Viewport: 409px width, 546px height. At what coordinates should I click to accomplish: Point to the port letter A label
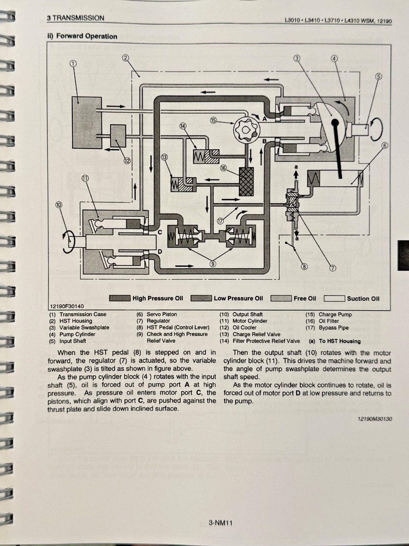pos(264,118)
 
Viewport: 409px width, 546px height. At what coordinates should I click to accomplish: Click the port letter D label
pos(160,251)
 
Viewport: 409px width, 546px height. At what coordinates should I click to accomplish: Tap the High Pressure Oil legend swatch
pos(120,298)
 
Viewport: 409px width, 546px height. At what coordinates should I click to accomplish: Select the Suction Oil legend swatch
pos(334,298)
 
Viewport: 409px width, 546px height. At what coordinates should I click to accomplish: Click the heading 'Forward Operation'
pos(87,36)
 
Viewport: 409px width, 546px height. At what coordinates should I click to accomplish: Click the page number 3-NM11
pos(220,522)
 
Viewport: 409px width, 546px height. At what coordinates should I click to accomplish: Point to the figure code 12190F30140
pos(67,306)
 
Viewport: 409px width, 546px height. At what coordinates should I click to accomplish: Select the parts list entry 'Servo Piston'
pos(162,314)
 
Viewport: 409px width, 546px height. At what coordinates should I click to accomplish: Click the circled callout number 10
pos(59,205)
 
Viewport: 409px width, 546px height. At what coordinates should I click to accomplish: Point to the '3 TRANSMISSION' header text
pos(75,18)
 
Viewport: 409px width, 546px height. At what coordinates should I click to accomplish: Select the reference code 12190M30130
pos(372,419)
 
